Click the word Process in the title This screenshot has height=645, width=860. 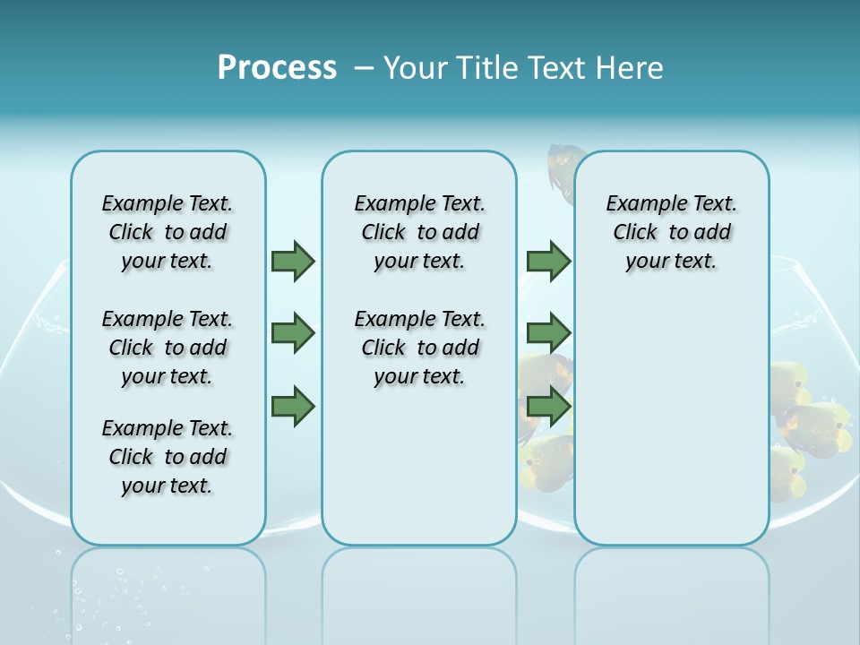277,67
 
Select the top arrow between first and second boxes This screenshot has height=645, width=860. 292,262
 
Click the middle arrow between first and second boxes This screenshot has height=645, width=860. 292,333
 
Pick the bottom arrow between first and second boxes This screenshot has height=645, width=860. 292,408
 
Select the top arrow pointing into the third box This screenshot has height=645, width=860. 547,262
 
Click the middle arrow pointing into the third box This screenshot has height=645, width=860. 547,333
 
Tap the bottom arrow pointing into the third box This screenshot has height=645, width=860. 547,408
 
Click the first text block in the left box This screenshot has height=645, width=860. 168,232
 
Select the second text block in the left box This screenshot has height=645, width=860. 168,348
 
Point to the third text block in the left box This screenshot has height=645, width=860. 168,457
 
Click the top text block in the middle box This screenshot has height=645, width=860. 419,232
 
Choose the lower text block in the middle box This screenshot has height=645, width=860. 419,348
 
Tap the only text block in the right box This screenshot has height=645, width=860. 671,232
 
